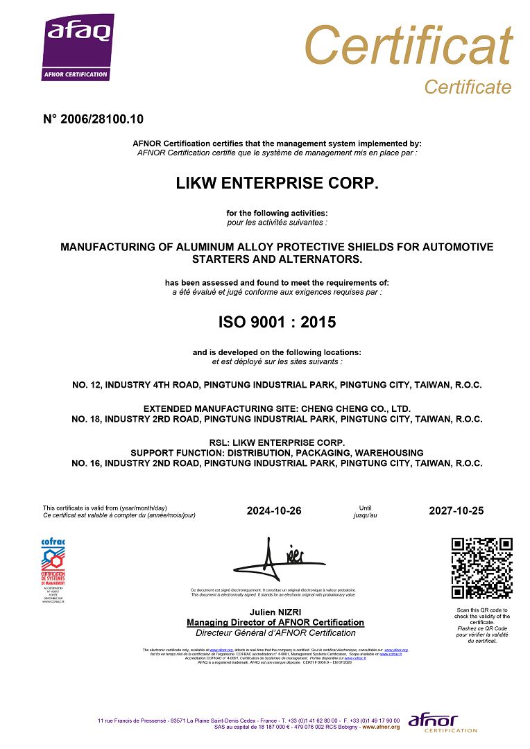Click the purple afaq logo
point(77,49)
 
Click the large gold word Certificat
point(408,46)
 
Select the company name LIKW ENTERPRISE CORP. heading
point(277,184)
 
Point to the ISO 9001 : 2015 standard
point(277,322)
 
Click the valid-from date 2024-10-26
point(274,511)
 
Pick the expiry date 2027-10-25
point(456,511)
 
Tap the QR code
point(481,568)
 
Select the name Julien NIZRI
point(275,612)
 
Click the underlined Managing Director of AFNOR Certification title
point(275,622)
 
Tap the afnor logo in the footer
point(443,723)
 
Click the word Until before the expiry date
point(365,508)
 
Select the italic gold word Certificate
point(467,87)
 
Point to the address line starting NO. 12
point(277,384)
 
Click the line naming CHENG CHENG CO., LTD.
point(277,408)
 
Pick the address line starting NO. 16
point(277,463)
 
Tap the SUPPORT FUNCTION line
point(277,453)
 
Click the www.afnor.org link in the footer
point(381,727)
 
